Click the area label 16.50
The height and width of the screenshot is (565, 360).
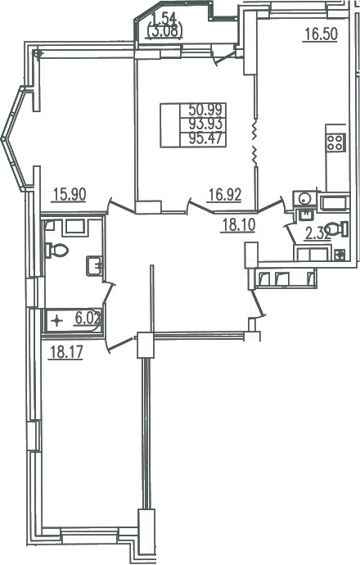tap(321, 34)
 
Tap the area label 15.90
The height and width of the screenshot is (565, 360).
tap(70, 195)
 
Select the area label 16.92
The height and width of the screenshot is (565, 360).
tap(225, 195)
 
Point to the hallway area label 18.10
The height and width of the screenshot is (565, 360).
tap(239, 225)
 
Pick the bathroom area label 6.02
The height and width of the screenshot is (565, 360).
tap(88, 319)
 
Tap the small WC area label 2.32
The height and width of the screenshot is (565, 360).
tap(318, 233)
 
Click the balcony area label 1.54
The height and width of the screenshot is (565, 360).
tap(164, 19)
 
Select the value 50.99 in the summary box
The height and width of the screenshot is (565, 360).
tap(207, 109)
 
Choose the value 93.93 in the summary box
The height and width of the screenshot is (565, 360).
tap(207, 124)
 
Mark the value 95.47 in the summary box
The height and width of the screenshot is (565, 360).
tap(207, 138)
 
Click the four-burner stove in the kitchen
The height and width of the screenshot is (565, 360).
tap(336, 142)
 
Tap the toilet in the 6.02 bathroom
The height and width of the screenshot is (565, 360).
tap(56, 250)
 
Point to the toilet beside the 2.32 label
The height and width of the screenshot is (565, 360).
tap(336, 229)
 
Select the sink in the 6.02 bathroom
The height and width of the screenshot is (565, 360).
tap(94, 266)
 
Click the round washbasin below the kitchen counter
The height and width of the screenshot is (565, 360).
tap(304, 198)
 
